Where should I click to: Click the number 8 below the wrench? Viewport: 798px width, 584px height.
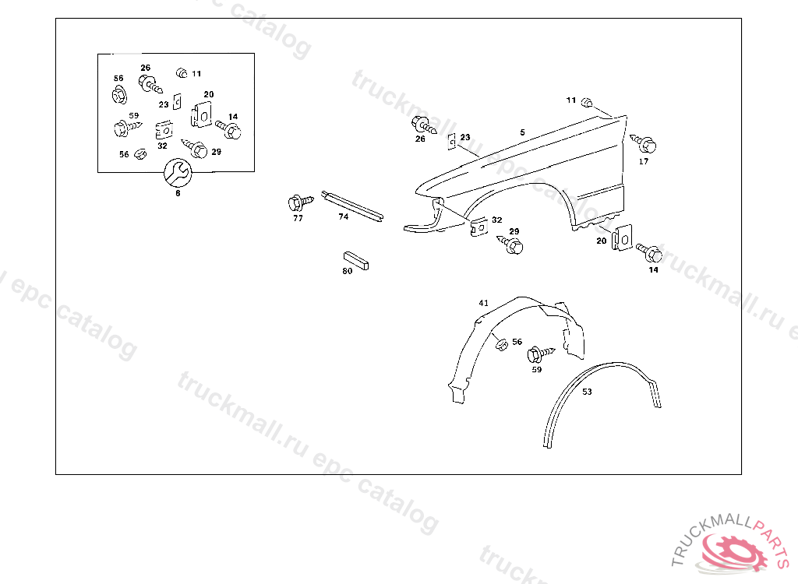(x=178, y=193)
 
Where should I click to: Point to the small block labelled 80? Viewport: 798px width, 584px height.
(x=358, y=261)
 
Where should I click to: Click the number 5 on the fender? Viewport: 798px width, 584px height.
(x=523, y=133)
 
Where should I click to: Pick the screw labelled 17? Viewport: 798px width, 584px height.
(x=645, y=144)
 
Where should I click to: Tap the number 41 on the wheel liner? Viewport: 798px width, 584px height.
(x=484, y=302)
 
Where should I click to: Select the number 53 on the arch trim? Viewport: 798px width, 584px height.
(x=587, y=392)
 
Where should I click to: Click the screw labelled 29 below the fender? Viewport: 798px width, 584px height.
(x=513, y=245)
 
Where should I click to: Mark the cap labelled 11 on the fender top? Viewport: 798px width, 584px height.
(x=589, y=102)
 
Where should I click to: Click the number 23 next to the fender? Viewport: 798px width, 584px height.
(x=465, y=137)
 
